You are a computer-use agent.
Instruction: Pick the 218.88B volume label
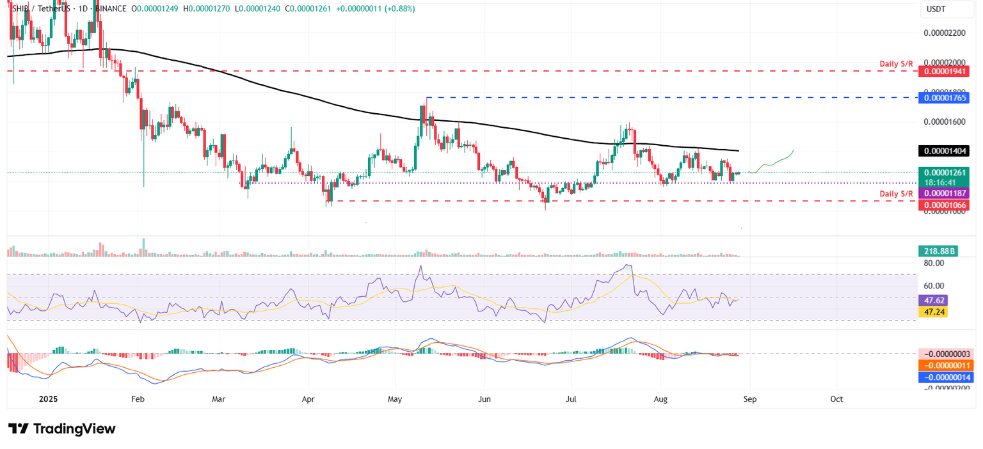pyautogui.click(x=938, y=251)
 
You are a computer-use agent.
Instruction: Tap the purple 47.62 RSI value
pyautogui.click(x=932, y=300)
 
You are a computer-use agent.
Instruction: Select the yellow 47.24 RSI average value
pyautogui.click(x=932, y=311)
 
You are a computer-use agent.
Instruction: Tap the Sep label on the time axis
pyautogui.click(x=749, y=398)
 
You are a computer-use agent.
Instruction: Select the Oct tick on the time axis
pyautogui.click(x=836, y=398)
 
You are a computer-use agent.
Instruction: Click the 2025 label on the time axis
pyautogui.click(x=48, y=398)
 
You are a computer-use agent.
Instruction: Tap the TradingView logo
pyautogui.click(x=62, y=429)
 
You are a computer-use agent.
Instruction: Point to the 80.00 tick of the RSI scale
pyautogui.click(x=935, y=263)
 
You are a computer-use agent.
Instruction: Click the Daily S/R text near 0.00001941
pyautogui.click(x=896, y=64)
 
